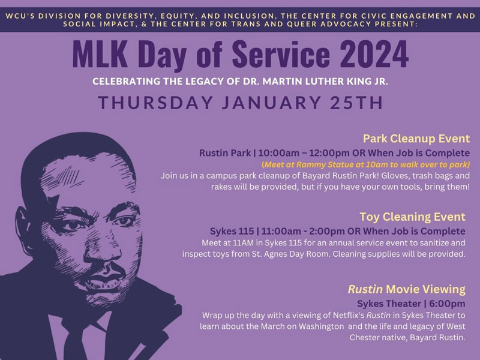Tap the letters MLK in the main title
coord(100,54)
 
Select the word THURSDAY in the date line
coord(155,103)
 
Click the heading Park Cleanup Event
coord(416,139)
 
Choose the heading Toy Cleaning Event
coord(412,217)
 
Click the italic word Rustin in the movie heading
coord(365,289)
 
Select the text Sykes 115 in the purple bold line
coord(232,231)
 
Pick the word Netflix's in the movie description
coord(349,316)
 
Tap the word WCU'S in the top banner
coord(19,16)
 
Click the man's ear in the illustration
coord(22,227)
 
